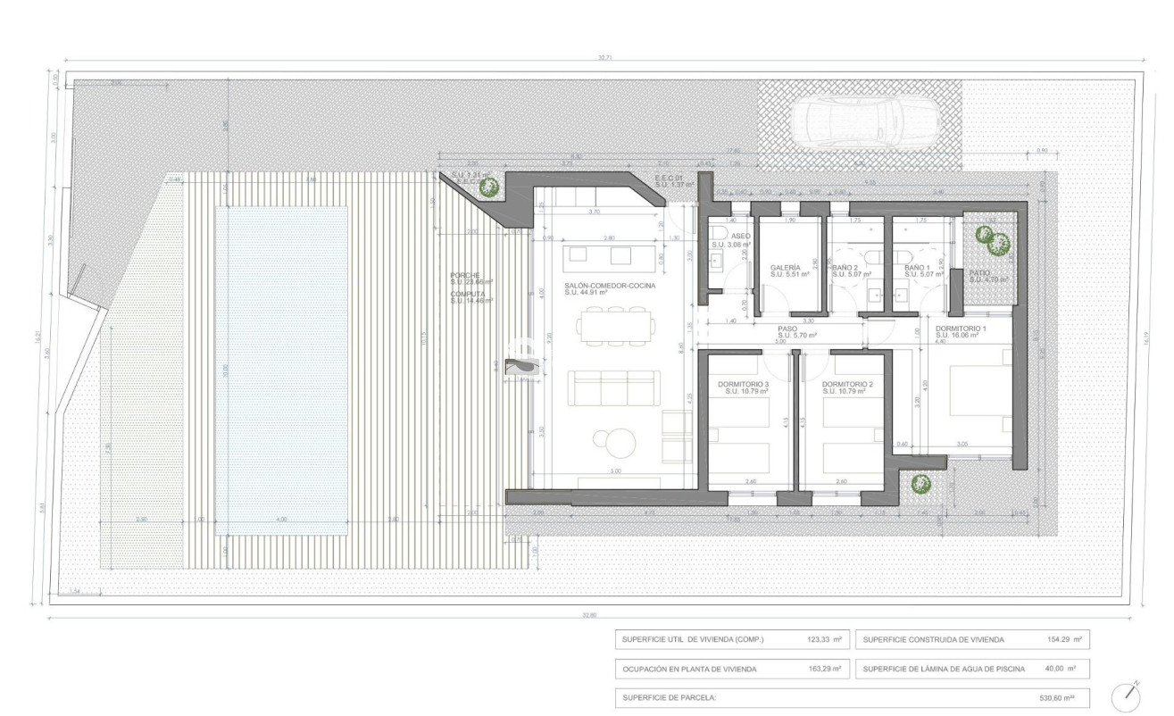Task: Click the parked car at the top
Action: pos(865,124)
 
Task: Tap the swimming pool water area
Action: pos(282,370)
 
